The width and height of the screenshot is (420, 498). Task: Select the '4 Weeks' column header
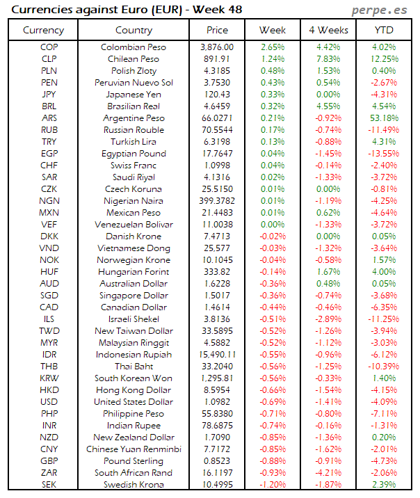point(328,30)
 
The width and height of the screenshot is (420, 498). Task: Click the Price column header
point(217,30)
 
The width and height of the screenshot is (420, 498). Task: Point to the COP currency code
point(49,47)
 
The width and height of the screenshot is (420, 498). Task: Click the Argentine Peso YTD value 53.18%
point(384,118)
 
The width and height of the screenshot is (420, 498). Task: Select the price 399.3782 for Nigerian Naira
point(217,201)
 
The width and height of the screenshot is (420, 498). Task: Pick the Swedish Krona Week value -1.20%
point(272,485)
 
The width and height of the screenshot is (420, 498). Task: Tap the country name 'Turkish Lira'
point(134,142)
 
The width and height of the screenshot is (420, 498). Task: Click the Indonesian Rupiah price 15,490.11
point(217,355)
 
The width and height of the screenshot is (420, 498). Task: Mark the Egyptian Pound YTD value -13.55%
point(384,154)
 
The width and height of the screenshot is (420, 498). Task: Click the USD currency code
point(49,402)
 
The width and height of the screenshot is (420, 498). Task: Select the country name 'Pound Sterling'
point(134,461)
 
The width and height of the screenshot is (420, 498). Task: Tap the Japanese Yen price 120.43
point(217,95)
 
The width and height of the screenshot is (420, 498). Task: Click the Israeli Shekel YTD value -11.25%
point(384,319)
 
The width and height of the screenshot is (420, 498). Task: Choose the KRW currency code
point(49,378)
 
